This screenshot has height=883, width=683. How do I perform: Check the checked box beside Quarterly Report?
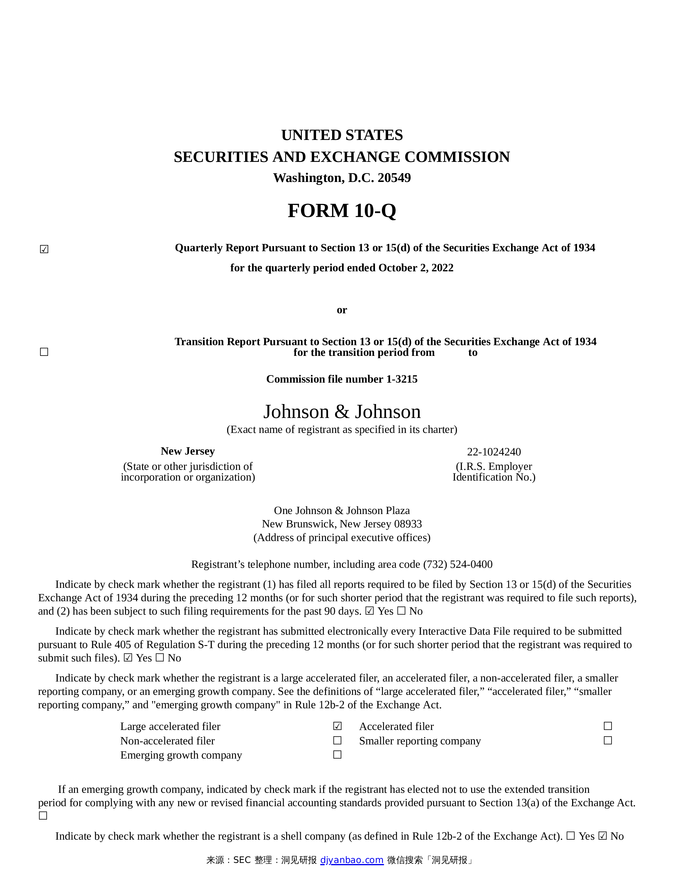pos(44,249)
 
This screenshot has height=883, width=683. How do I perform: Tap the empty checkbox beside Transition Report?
pos(44,352)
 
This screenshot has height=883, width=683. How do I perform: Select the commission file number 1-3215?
pos(402,379)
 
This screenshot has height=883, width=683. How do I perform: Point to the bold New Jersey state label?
pos(188,451)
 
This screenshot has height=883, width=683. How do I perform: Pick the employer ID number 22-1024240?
pos(494,452)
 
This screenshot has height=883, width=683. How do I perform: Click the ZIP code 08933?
pos(408,524)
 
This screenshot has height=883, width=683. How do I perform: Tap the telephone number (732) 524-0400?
pos(458,564)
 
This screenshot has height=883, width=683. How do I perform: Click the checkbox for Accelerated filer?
pos(607,726)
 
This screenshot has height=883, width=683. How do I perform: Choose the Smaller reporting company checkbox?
pos(607,740)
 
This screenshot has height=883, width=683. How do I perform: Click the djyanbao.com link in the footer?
pos(352,860)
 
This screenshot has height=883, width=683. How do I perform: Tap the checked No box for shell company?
pos(602,836)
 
